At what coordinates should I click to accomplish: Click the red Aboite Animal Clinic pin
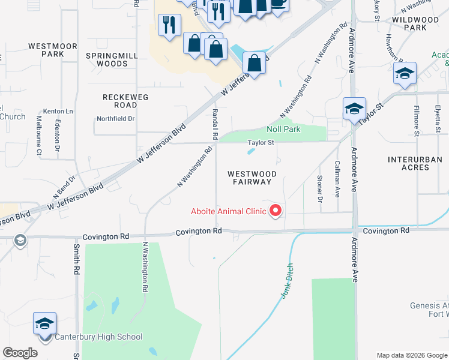pyautogui.click(x=276, y=211)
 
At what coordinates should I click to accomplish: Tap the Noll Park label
pyautogui.click(x=283, y=129)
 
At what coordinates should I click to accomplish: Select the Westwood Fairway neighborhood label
pyautogui.click(x=252, y=178)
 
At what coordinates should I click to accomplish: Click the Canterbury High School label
pyautogui.click(x=98, y=337)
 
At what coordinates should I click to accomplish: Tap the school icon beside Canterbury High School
pyautogui.click(x=45, y=325)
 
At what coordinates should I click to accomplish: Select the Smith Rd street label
pyautogui.click(x=76, y=259)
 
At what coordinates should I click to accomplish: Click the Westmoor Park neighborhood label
pyautogui.click(x=53, y=50)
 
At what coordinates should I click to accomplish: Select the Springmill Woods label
pyautogui.click(x=112, y=59)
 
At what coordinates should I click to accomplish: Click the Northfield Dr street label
pyautogui.click(x=116, y=119)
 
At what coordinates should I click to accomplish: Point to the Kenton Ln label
pyautogui.click(x=58, y=112)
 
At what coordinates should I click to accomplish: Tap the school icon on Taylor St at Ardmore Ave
pyautogui.click(x=354, y=109)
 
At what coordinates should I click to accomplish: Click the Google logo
pyautogui.click(x=20, y=353)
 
